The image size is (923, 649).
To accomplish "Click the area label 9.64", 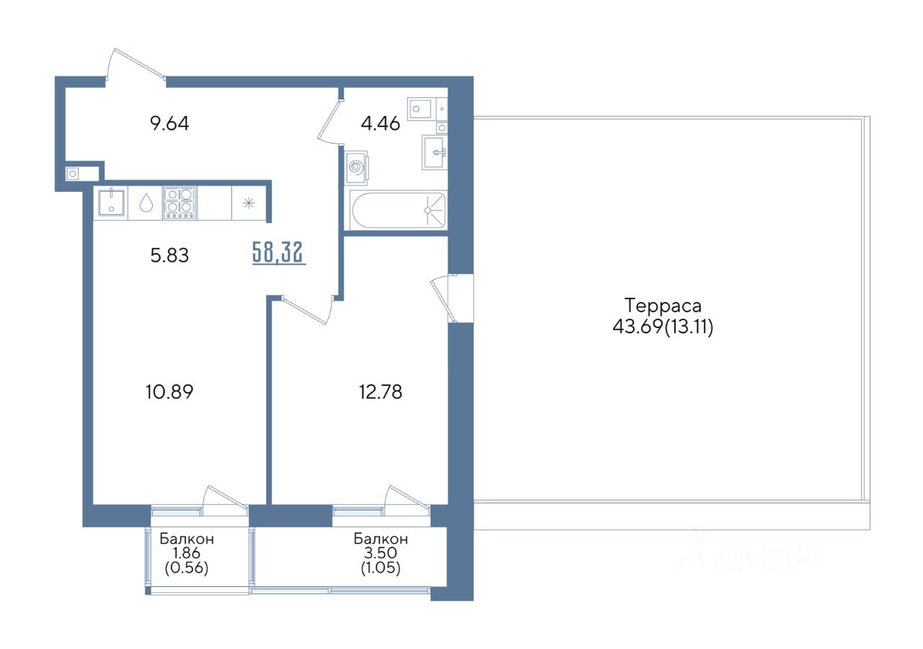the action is click(169, 123).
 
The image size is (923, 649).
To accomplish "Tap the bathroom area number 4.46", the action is click(380, 123).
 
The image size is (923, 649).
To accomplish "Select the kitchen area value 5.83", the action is click(169, 255).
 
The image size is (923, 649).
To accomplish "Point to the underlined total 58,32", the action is click(279, 252).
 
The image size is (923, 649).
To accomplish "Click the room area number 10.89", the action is click(169, 392).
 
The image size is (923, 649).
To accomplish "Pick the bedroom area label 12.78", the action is click(380, 392).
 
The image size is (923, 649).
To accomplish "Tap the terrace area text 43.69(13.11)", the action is click(663, 327).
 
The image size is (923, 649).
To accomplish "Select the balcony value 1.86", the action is click(187, 552).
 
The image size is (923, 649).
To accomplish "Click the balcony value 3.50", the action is click(381, 552).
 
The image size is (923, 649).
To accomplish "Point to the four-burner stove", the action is click(180, 203).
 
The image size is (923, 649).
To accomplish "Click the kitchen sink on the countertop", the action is click(111, 203).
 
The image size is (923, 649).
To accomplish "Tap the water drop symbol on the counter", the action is click(146, 203).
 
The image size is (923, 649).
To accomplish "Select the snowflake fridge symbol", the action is click(249, 203).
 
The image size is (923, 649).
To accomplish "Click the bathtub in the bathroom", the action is click(398, 210).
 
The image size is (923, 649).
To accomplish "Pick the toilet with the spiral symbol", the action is click(356, 168).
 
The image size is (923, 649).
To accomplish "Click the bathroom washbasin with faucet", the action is click(434, 152).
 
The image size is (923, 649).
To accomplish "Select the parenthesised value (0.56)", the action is click(187, 568).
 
